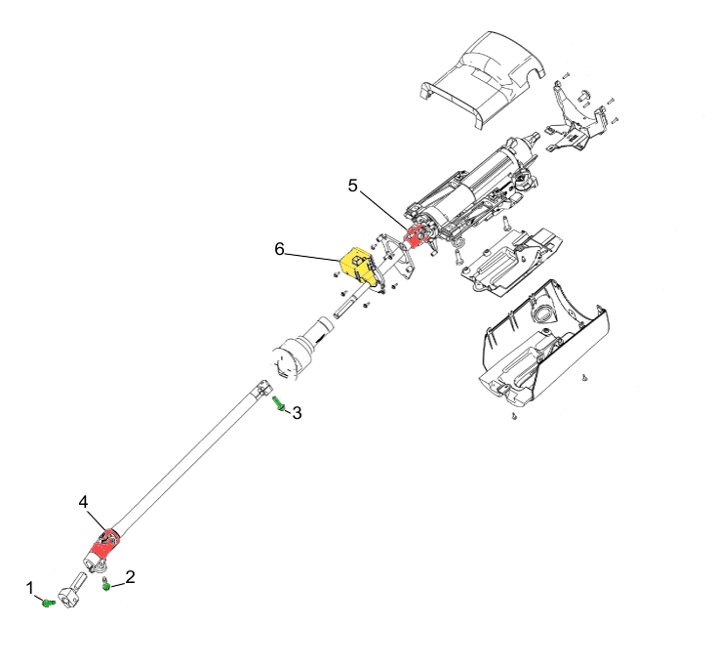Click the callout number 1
click(x=30, y=588)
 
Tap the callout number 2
click(x=130, y=577)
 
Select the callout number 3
click(x=297, y=413)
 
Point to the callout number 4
click(x=83, y=502)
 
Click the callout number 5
click(x=352, y=186)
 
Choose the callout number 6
click(x=279, y=248)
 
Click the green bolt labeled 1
click(x=48, y=603)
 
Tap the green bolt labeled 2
click(x=106, y=585)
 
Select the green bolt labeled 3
click(x=278, y=404)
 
